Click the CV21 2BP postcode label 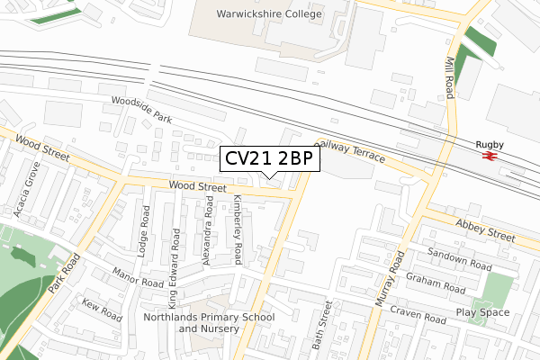tap(269, 159)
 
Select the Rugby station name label tap(490, 144)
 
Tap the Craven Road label tap(418, 315)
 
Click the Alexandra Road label tap(209, 232)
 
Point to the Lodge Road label tap(145, 230)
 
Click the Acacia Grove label tap(27, 190)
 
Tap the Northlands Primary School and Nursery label tap(210, 323)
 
